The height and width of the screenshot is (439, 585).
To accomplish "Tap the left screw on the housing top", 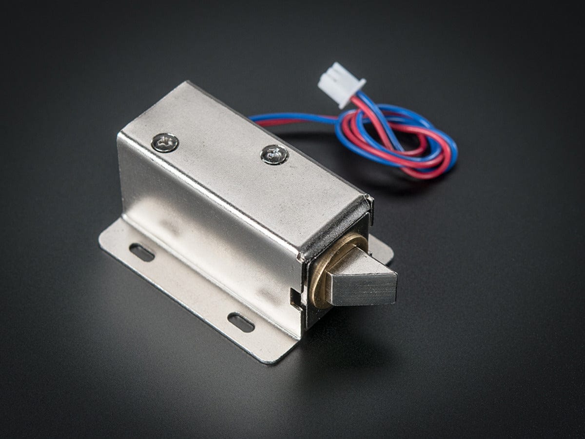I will (x=165, y=142).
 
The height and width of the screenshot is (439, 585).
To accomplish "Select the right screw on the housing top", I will (x=274, y=155).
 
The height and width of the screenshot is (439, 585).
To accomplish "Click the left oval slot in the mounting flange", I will (x=142, y=253).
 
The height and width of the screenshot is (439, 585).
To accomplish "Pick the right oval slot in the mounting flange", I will (x=241, y=322).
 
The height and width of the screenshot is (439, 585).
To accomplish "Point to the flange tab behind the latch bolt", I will (x=383, y=249).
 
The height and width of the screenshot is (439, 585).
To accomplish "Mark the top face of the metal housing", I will (x=244, y=161).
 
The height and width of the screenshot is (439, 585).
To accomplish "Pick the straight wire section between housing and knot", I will (x=292, y=119).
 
